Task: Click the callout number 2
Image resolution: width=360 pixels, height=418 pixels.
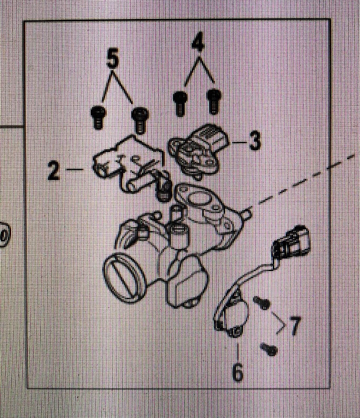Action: (54, 171)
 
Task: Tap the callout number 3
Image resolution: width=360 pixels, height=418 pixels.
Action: (255, 141)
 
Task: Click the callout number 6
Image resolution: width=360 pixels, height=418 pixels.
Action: (238, 372)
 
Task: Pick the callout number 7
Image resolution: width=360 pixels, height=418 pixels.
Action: (294, 325)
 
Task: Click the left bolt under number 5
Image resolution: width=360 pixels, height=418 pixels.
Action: (98, 117)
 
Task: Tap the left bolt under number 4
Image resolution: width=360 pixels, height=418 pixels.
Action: (180, 102)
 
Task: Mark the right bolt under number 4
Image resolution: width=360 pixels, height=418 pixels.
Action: (213, 101)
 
